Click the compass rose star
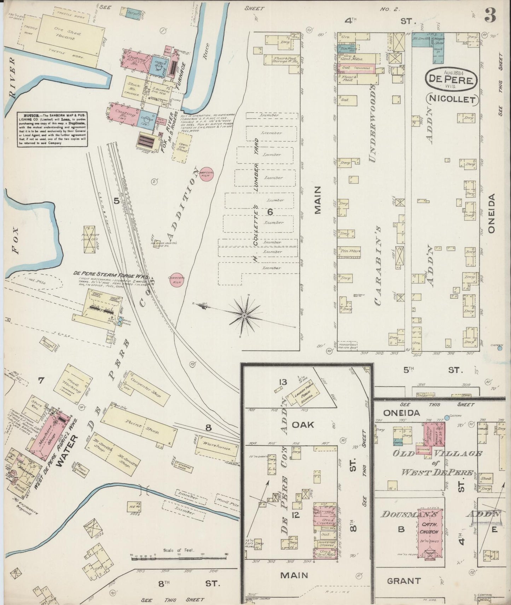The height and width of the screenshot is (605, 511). (245, 315)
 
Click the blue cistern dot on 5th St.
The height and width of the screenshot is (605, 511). (499, 348)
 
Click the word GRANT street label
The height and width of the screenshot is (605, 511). (403, 581)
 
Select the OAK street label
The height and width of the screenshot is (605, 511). (303, 424)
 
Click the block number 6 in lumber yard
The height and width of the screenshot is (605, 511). (270, 212)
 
